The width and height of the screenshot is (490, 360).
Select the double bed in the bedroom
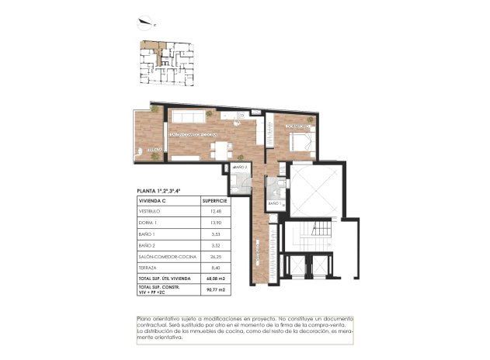click(x=299, y=142)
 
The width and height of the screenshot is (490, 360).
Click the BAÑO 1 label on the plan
click(x=274, y=203)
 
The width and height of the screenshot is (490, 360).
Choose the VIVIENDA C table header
click(x=151, y=200)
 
